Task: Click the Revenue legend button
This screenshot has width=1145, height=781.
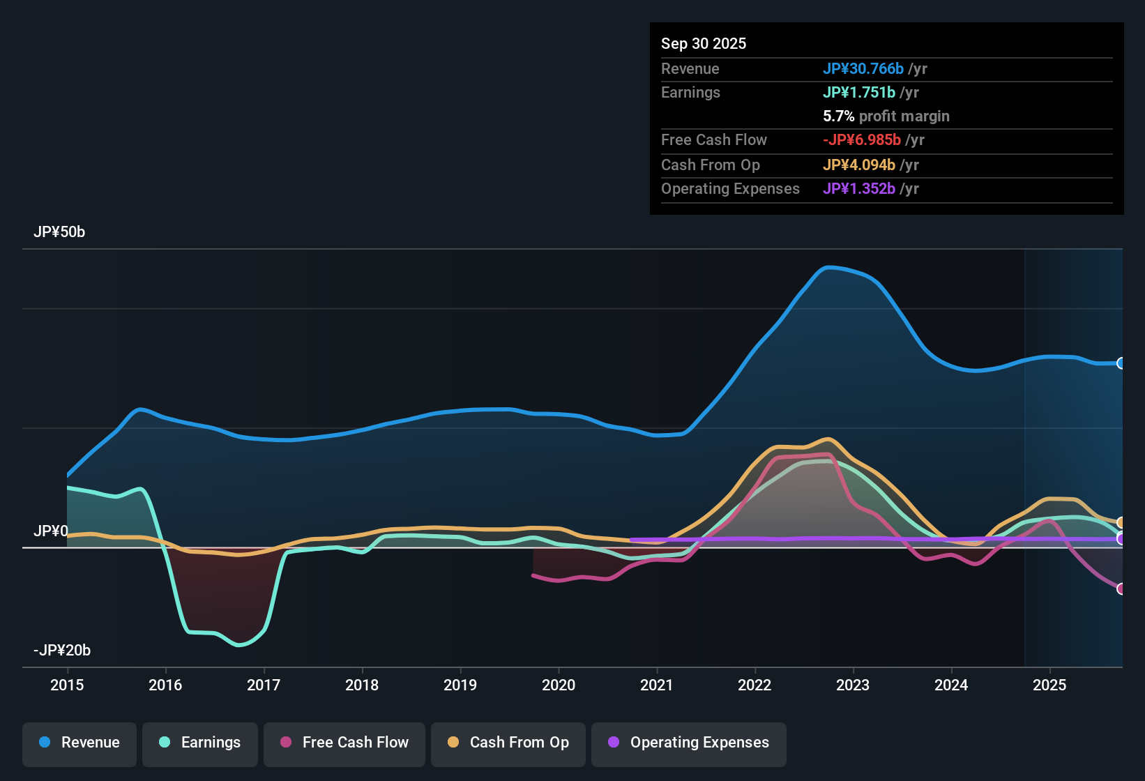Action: pyautogui.click(x=79, y=743)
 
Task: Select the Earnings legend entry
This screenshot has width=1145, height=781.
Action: pyautogui.click(x=199, y=743)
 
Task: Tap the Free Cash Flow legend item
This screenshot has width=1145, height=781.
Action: pyautogui.click(x=344, y=743)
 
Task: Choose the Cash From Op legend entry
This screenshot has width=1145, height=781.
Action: pyautogui.click(x=508, y=743)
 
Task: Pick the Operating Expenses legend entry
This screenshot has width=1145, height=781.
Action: pyautogui.click(x=688, y=743)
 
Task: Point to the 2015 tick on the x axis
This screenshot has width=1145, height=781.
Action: pyautogui.click(x=67, y=685)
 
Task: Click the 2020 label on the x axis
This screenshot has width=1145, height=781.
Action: pyautogui.click(x=559, y=685)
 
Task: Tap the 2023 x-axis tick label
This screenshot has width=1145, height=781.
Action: pyautogui.click(x=853, y=685)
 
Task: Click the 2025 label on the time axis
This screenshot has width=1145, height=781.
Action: pyautogui.click(x=1049, y=685)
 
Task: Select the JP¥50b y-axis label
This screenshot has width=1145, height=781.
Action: pyautogui.click(x=59, y=232)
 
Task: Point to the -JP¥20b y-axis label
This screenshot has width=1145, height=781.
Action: pyautogui.click(x=62, y=651)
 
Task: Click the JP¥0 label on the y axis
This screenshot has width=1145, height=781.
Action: pyautogui.click(x=51, y=531)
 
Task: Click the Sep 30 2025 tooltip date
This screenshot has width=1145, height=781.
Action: pyautogui.click(x=704, y=43)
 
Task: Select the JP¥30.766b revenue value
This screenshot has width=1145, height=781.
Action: pyautogui.click(x=863, y=68)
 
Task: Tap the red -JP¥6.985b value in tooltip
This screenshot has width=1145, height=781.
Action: pyautogui.click(x=862, y=139)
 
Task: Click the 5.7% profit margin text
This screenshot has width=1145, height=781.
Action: pyautogui.click(x=886, y=116)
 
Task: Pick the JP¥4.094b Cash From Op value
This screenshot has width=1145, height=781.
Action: pyautogui.click(x=859, y=165)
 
